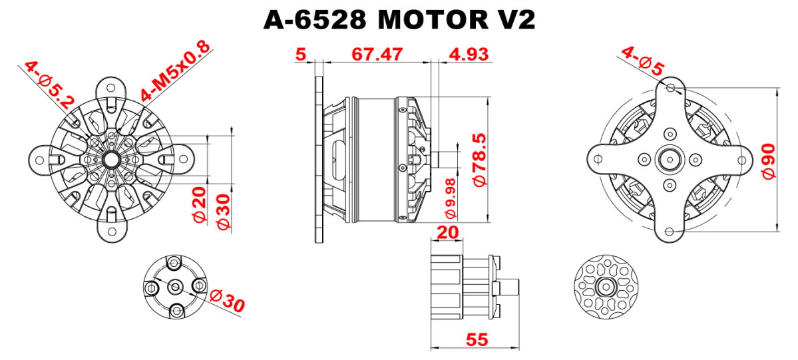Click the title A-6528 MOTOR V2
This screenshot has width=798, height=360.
399,20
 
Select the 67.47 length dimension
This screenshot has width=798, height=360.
377,54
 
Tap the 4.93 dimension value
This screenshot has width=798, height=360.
468,54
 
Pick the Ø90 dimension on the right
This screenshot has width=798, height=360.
768,160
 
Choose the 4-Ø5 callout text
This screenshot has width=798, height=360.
642,61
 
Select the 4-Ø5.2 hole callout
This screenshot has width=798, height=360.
49,86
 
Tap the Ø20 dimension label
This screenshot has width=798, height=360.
200,204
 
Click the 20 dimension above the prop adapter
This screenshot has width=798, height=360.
447,232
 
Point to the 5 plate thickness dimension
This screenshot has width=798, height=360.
301,54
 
